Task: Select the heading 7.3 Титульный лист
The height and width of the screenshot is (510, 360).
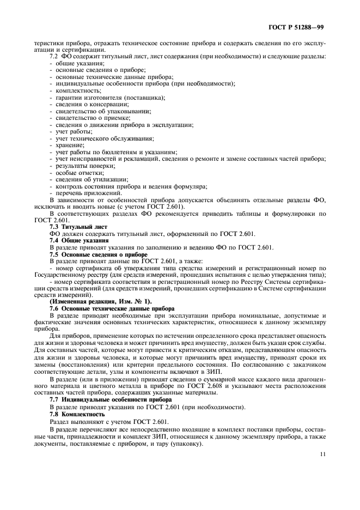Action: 79,226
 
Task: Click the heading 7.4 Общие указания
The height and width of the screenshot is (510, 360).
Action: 79,240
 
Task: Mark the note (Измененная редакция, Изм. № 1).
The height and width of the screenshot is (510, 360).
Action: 101,301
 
